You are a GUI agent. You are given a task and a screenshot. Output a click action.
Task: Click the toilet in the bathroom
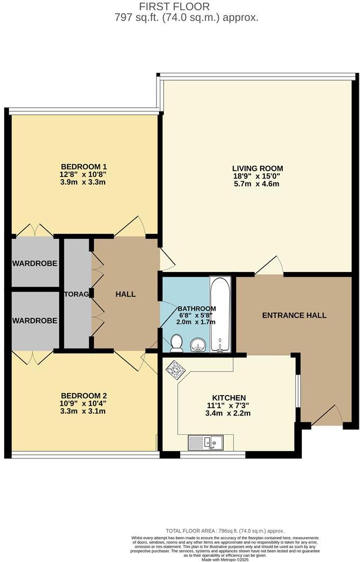point(177,343)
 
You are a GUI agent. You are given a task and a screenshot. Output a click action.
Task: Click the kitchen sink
point(206,442)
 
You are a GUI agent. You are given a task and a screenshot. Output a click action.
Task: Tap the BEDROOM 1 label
point(83,166)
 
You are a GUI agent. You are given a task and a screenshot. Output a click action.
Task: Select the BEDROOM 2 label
point(84,395)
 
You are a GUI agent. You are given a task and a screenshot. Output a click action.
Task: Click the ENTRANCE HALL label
point(294,315)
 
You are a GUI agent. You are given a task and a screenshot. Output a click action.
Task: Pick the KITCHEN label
point(229,397)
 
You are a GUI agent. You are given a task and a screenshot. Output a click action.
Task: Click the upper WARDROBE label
point(35,263)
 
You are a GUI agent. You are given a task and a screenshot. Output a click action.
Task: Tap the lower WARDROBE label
point(35,320)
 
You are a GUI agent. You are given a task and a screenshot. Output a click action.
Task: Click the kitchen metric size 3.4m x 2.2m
point(229,413)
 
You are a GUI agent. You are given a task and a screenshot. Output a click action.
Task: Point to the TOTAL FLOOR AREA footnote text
point(225,531)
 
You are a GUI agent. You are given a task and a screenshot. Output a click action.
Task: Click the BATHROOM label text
point(197,308)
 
